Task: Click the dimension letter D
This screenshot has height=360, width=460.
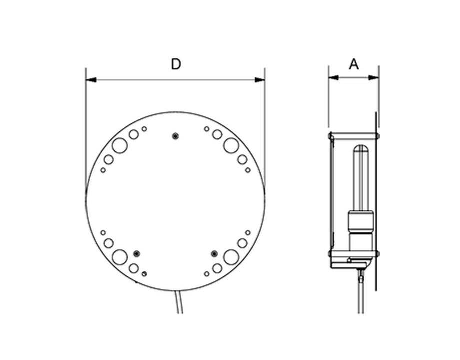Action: pyautogui.click(x=176, y=64)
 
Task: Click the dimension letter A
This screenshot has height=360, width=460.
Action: pyautogui.click(x=354, y=64)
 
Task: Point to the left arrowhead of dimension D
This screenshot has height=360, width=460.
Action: pyautogui.click(x=91, y=80)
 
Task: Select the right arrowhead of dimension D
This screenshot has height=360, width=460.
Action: pyautogui.click(x=260, y=80)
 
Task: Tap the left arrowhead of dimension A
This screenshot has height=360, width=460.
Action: pyautogui.click(x=334, y=78)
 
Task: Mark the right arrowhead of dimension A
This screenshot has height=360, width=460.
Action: pyautogui.click(x=374, y=78)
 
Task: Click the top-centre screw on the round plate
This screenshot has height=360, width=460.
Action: pyautogui.click(x=175, y=136)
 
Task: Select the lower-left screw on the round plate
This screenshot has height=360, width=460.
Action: pyautogui.click(x=136, y=254)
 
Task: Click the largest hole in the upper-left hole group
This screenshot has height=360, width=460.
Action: pyautogui.click(x=120, y=145)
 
